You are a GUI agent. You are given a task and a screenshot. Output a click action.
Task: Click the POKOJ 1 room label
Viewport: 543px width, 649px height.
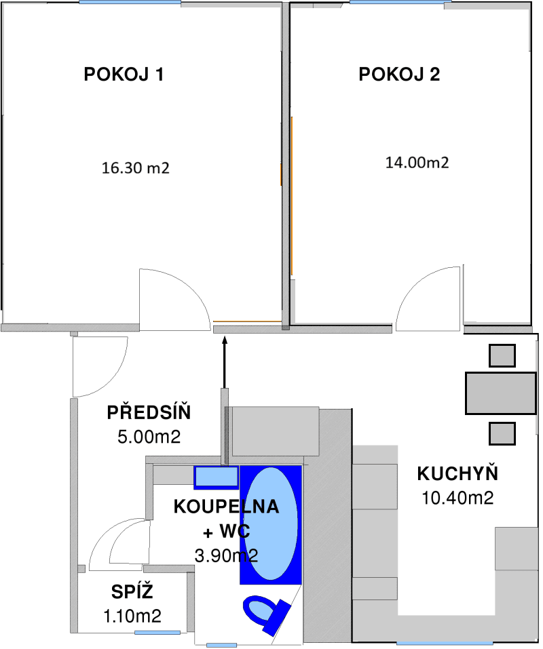pyautogui.click(x=124, y=75)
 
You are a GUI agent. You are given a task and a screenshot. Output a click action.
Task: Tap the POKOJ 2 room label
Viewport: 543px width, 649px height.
pyautogui.click(x=399, y=75)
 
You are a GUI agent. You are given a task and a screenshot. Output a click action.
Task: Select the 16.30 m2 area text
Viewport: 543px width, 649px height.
pyautogui.click(x=135, y=168)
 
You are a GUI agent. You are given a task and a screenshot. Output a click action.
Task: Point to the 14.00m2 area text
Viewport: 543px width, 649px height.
pyautogui.click(x=417, y=163)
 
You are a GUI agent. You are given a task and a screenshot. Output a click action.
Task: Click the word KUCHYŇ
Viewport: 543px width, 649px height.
pyautogui.click(x=457, y=473)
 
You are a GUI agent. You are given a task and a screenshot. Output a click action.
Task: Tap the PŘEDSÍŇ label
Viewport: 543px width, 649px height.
pyautogui.click(x=149, y=412)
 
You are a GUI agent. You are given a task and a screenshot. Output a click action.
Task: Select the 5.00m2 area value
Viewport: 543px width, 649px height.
pyautogui.click(x=149, y=437)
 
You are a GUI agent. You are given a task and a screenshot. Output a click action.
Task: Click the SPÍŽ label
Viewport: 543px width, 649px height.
pyautogui.click(x=132, y=592)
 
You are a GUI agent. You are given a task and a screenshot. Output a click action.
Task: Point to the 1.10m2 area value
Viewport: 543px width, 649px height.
pyautogui.click(x=132, y=616)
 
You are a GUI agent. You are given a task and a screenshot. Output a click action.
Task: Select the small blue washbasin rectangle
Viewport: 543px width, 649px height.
pyautogui.click(x=217, y=477)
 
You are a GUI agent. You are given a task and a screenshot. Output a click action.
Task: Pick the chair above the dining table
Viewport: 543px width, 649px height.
pyautogui.click(x=502, y=355)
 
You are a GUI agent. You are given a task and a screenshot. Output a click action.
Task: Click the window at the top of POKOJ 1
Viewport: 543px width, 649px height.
pyautogui.click(x=130, y=3)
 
